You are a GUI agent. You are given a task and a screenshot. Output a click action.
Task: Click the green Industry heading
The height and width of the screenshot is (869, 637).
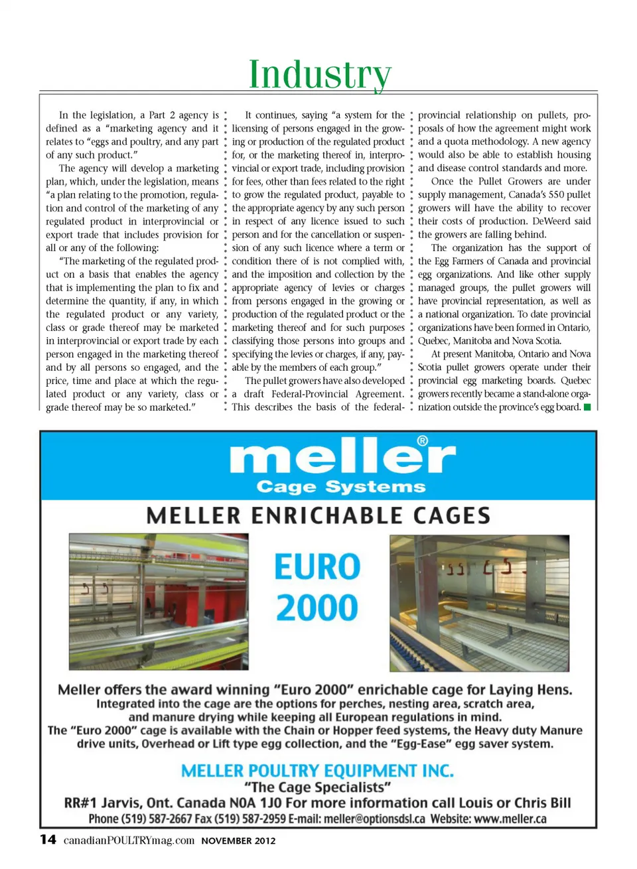319,74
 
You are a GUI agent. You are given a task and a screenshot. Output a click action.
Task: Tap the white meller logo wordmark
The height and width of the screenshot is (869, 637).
342,457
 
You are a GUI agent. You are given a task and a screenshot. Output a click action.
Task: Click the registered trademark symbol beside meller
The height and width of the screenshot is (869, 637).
422,441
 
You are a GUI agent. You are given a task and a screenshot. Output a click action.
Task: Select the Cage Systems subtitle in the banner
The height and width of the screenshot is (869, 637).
341,487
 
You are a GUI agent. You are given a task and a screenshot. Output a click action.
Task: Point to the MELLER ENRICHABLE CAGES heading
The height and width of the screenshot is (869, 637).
318,515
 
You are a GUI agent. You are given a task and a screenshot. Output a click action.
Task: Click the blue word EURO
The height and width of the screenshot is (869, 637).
318,567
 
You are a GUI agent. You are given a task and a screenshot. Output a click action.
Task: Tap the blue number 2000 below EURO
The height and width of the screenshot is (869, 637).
317,608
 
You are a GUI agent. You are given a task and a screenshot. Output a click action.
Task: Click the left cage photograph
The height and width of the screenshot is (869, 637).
159,602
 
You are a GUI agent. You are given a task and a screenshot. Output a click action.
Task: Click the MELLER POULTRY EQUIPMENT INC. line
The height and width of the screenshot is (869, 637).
318,771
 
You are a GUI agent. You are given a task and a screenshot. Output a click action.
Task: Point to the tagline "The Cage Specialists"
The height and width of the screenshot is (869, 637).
318,787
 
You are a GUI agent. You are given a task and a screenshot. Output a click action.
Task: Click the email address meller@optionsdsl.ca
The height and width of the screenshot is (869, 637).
374,819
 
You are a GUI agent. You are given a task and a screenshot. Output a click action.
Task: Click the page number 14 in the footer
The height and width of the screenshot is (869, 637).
48,840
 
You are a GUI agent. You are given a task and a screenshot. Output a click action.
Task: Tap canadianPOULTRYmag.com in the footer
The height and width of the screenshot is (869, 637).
129,840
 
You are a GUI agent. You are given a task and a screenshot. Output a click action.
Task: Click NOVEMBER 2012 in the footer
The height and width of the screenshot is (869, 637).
238,840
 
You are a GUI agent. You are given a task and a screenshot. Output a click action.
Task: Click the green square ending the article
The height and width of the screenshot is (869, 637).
587,407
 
